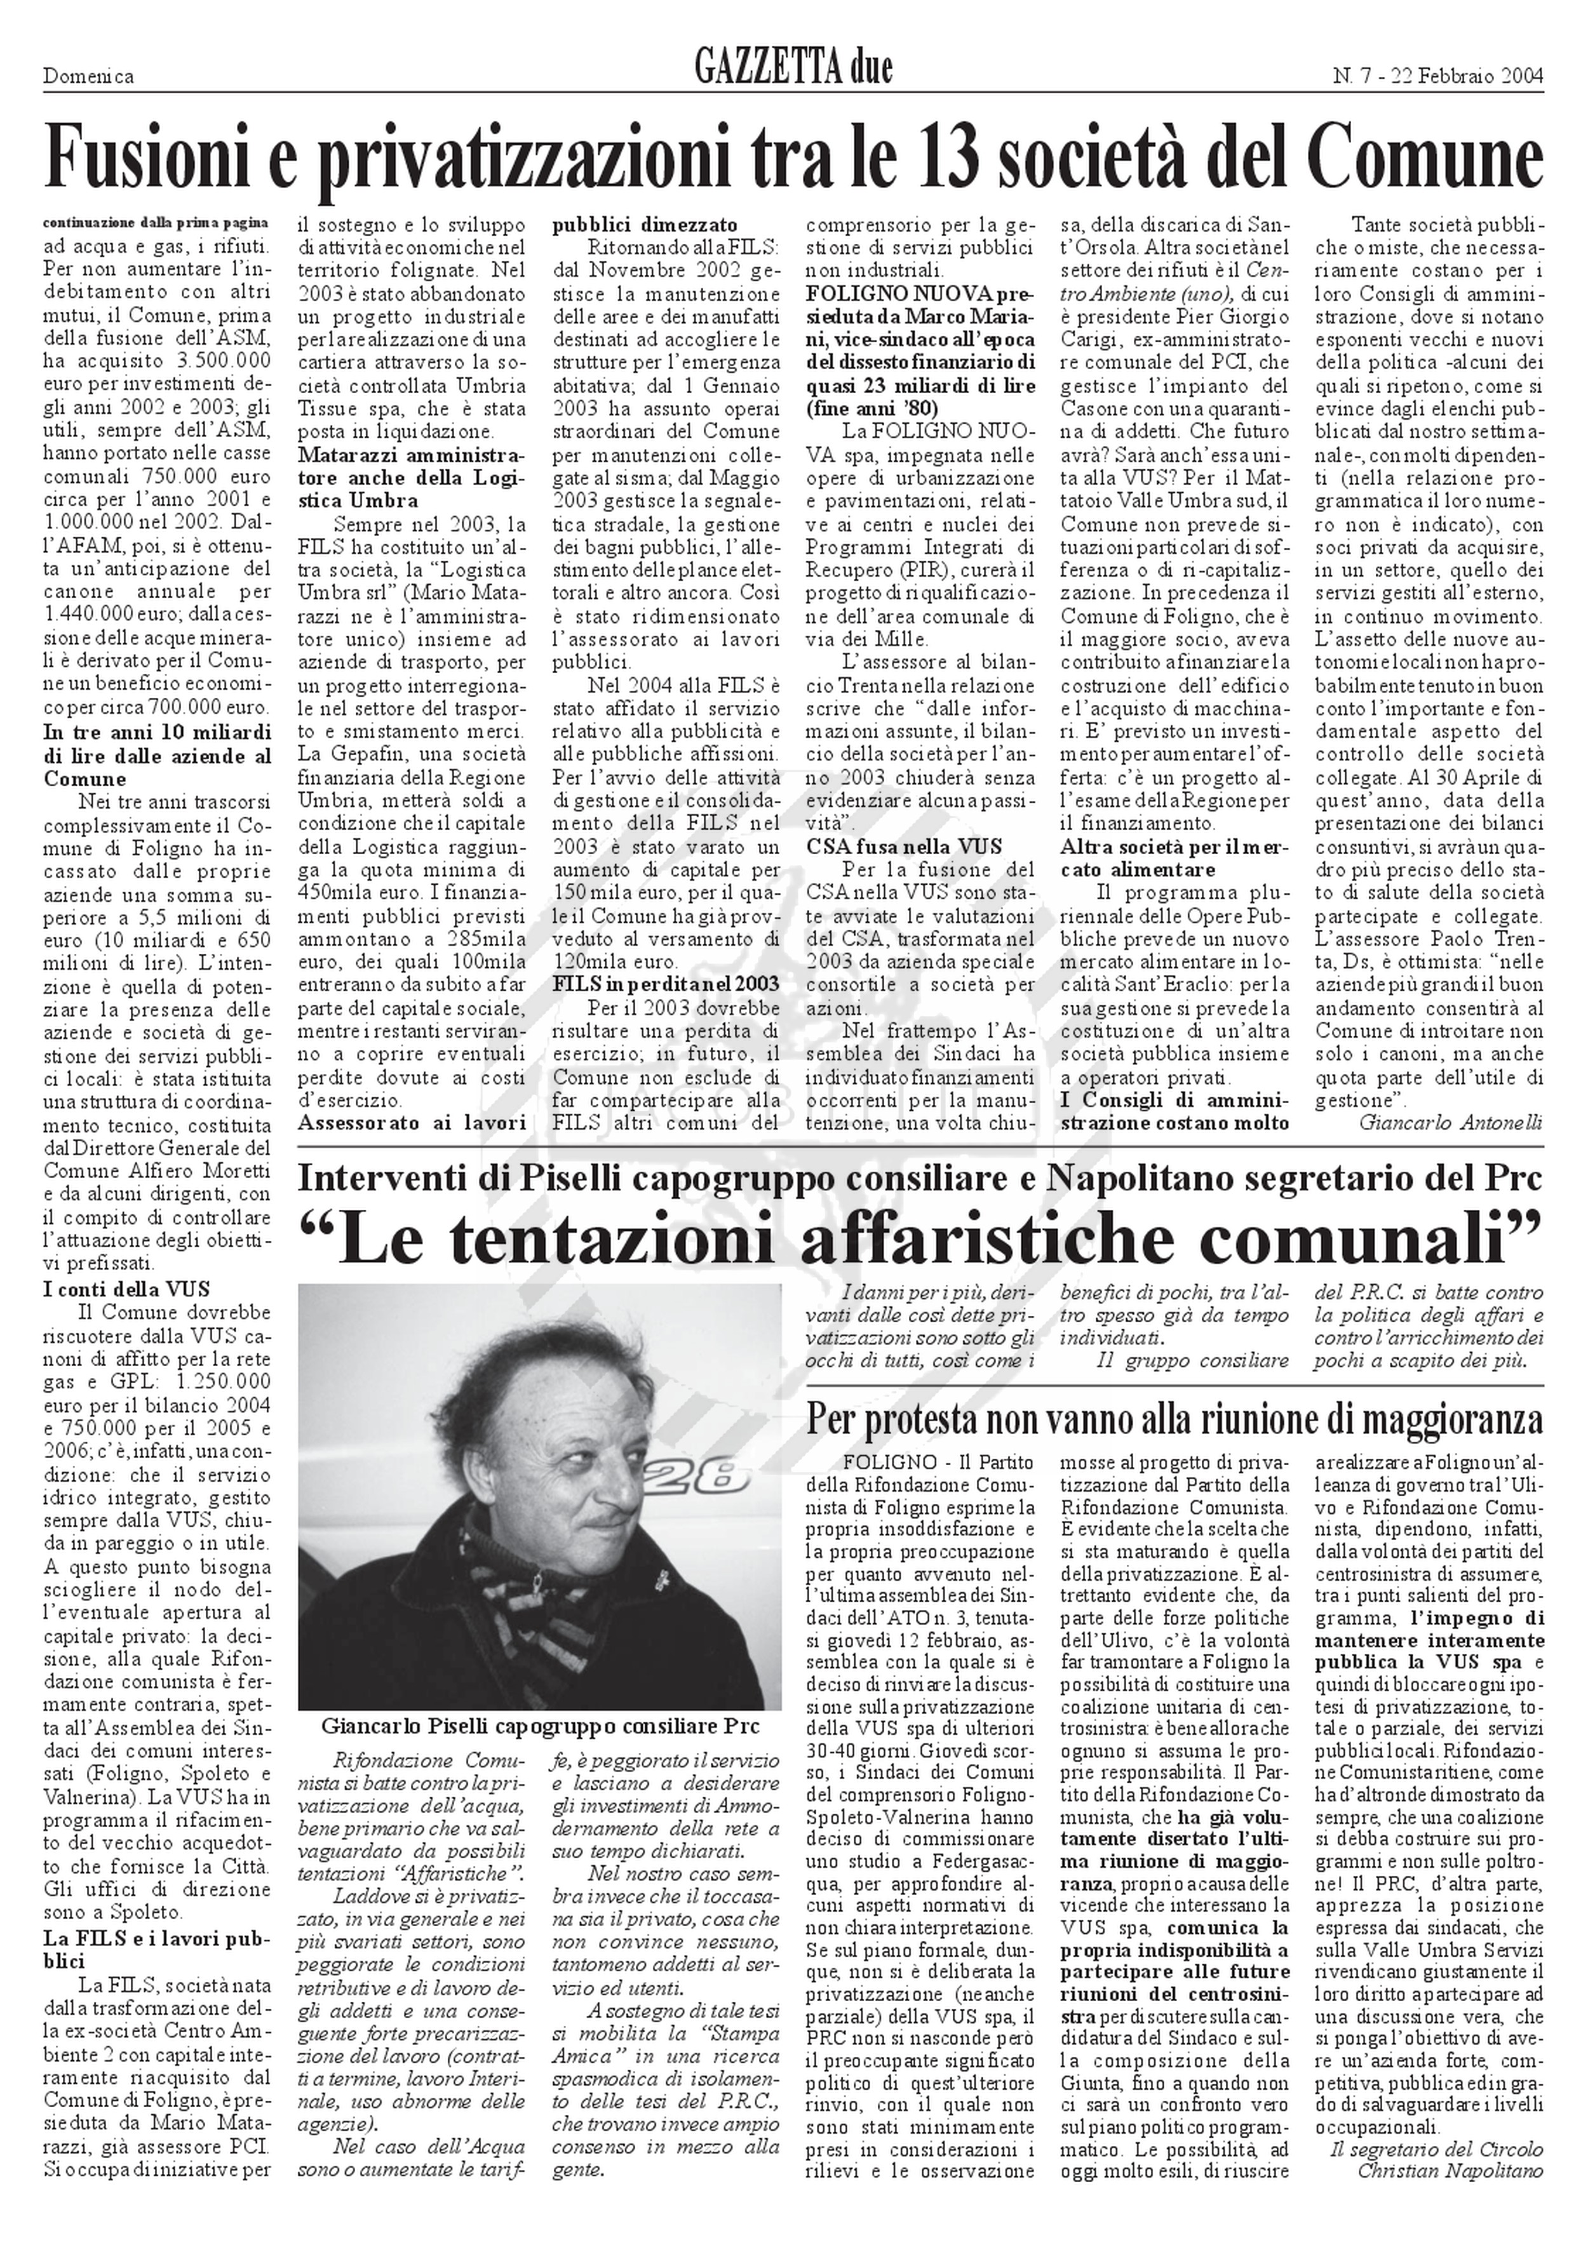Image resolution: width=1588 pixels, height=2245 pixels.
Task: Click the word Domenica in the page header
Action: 88,76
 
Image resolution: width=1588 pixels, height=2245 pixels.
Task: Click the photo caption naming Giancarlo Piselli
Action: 540,1726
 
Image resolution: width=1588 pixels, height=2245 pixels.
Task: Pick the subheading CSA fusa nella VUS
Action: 905,847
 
